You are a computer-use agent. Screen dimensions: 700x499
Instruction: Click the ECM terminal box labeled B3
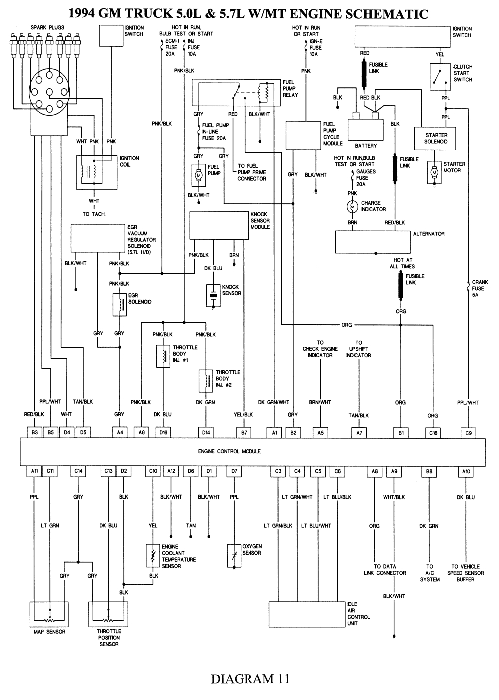click(x=35, y=433)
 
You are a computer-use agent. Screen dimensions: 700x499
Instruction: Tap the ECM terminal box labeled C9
click(x=468, y=433)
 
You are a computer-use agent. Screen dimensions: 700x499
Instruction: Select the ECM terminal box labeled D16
click(x=163, y=433)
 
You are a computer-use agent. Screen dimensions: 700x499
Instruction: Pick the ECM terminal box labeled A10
click(x=466, y=471)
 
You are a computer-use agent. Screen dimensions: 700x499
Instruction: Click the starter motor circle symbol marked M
click(x=434, y=171)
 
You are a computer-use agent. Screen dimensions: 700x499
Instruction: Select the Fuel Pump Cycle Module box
click(x=303, y=135)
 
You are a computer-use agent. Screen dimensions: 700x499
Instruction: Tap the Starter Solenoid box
click(x=436, y=138)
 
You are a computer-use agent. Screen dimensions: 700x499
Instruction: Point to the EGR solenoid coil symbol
click(x=119, y=304)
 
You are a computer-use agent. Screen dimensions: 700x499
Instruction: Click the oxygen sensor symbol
click(x=234, y=555)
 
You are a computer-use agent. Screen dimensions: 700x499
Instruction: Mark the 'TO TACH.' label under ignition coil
click(x=94, y=214)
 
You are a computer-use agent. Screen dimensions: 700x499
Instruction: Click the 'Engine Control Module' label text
click(x=229, y=451)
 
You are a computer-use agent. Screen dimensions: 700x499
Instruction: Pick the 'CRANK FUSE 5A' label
click(x=479, y=289)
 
